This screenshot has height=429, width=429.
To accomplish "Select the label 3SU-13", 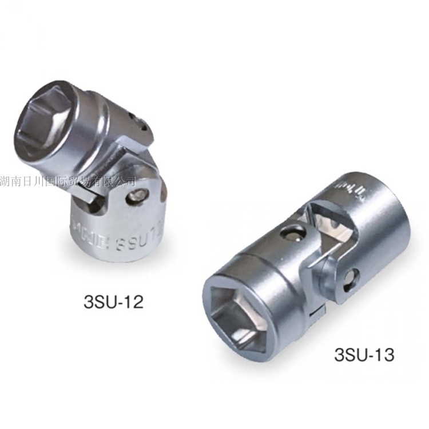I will [x=364, y=355].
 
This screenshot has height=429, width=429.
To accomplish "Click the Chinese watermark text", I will [x=68, y=182].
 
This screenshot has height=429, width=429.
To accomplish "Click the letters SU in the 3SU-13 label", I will [x=355, y=355].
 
